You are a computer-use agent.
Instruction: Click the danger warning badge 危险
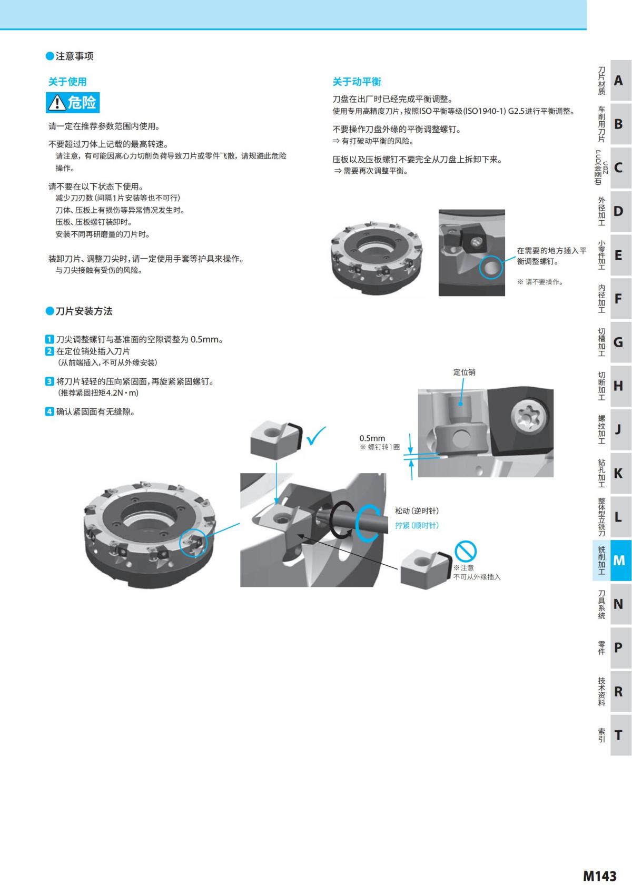coord(73,102)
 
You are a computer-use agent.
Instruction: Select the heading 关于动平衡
coord(357,82)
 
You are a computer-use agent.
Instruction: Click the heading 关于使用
coord(67,82)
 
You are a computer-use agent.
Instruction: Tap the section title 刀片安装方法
coord(84,311)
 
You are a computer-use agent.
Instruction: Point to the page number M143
coord(599,876)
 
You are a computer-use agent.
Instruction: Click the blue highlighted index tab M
coord(619,561)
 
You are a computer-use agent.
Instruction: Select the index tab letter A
coord(619,81)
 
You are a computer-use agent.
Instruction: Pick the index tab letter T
coord(619,735)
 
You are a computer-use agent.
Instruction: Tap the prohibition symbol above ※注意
coord(466,552)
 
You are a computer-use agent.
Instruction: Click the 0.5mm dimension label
coord(372,438)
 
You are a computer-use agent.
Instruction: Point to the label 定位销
coord(464,372)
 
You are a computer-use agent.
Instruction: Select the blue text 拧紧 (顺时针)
coord(417,525)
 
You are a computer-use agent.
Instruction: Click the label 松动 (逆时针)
coord(417,511)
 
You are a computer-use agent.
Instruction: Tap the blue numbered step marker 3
coord(49,381)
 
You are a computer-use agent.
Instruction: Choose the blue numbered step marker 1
coord(49,339)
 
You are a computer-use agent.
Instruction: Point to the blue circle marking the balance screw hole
coord(491,268)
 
